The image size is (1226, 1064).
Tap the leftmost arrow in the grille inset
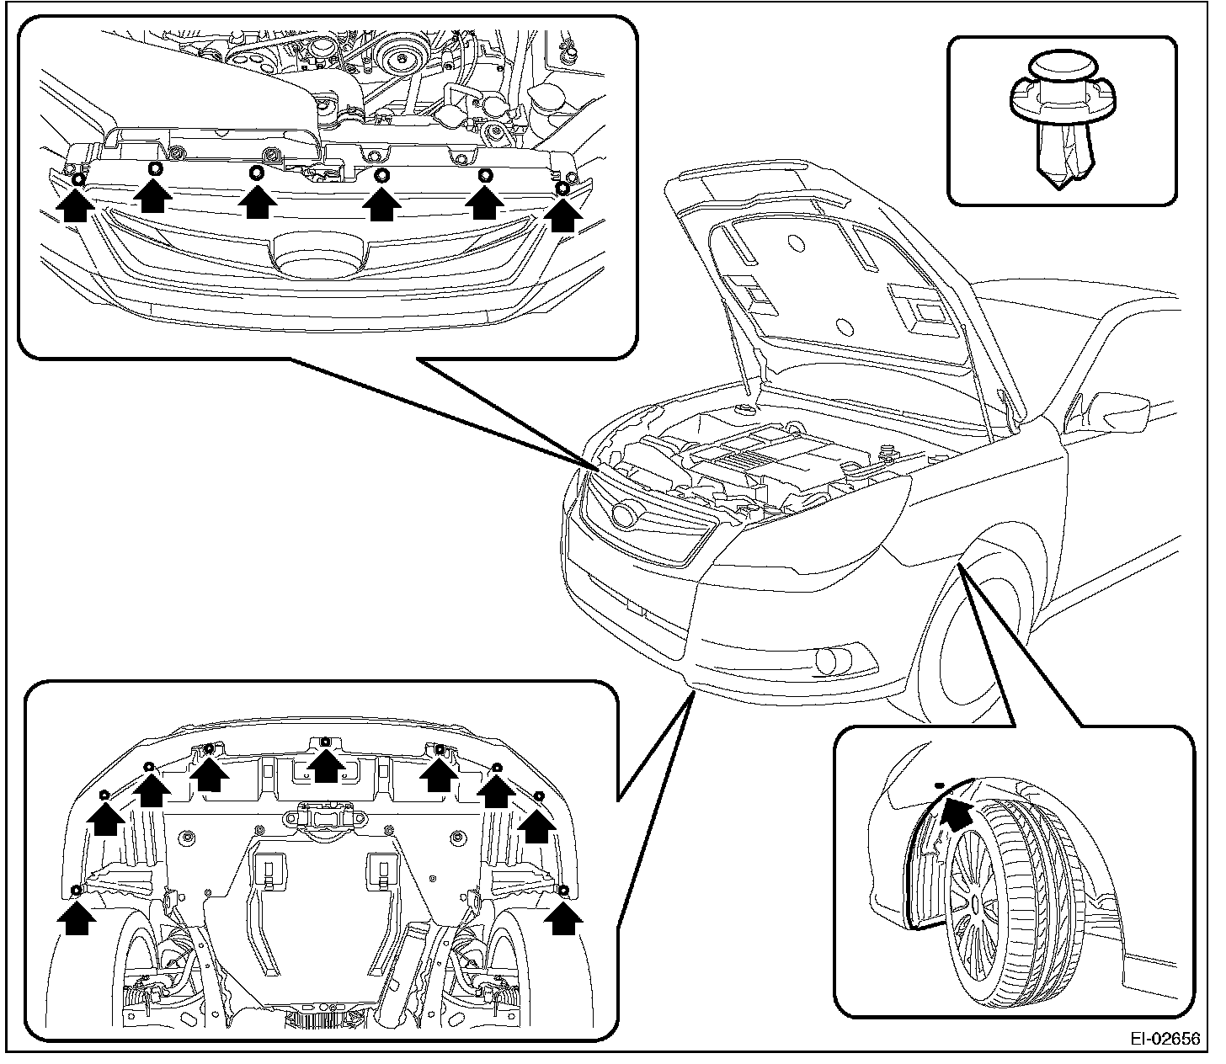tap(75, 205)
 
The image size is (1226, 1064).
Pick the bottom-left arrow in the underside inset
tap(76, 918)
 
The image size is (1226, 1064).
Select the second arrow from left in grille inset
tap(154, 197)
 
